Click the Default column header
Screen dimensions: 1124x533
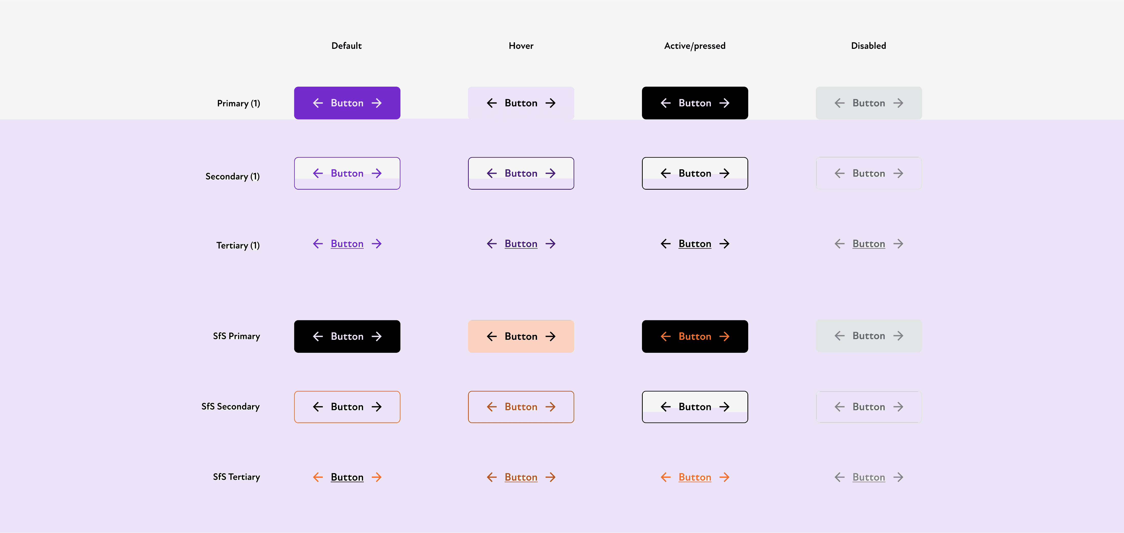346,46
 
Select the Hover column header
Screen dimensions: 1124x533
521,46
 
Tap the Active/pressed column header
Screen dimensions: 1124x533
695,46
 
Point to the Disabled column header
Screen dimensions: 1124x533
868,46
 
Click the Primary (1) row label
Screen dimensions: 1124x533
238,104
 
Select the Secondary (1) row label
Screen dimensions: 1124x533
232,176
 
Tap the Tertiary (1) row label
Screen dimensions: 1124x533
238,245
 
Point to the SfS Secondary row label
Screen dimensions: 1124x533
230,406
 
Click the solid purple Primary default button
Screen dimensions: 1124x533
347,103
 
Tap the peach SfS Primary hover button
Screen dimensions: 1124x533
521,336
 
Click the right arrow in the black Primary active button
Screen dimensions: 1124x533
724,103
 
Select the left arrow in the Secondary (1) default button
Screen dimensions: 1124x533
318,173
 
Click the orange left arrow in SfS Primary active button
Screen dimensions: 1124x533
665,336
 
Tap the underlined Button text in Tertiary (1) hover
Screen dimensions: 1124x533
521,244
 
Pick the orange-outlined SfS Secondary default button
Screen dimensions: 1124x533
347,407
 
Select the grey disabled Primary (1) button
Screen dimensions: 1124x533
868,103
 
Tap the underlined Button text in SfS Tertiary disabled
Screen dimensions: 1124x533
868,477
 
